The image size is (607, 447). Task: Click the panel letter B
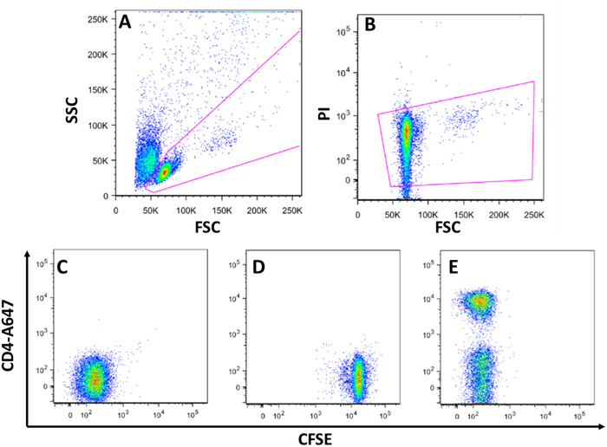tap(370, 24)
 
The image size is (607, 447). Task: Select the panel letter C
tap(62, 266)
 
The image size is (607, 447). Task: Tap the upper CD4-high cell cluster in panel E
tap(479, 301)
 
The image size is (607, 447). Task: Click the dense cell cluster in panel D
tap(357, 375)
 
